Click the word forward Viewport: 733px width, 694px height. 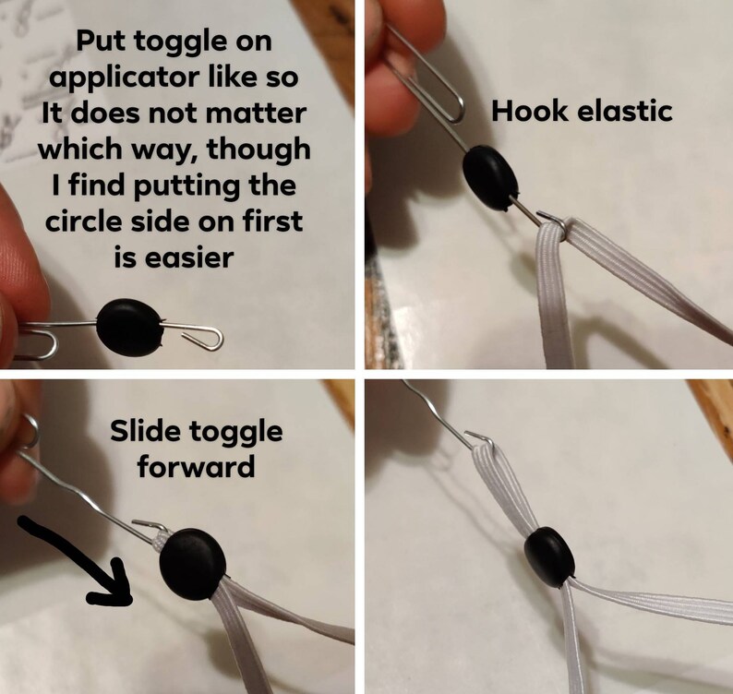(x=196, y=467)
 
